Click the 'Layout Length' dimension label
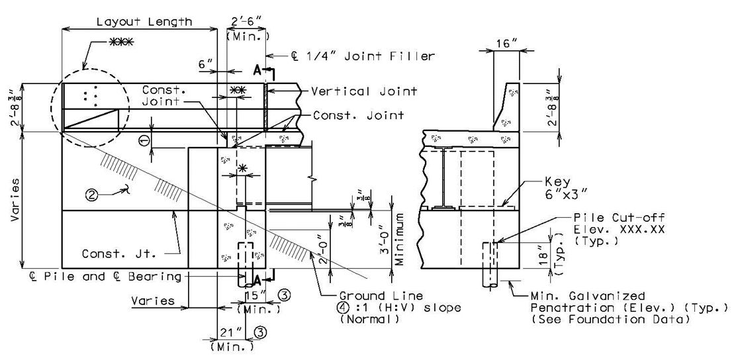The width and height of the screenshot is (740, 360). [x=144, y=22]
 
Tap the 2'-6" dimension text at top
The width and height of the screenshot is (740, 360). [x=248, y=22]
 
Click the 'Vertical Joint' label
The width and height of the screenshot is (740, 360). [x=364, y=91]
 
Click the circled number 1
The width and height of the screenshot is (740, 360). [x=145, y=140]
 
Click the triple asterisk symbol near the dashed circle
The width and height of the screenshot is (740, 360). [x=121, y=42]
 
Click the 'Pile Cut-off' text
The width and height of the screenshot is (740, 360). [x=619, y=218]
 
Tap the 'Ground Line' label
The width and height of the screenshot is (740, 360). [x=381, y=296]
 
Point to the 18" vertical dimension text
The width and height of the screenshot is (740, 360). [x=545, y=255]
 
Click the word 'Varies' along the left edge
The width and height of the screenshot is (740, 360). [x=17, y=200]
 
